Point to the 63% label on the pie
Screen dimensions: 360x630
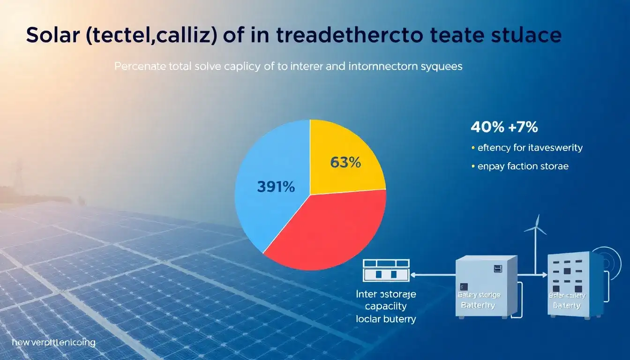345,163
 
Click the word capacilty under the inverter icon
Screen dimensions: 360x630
385,307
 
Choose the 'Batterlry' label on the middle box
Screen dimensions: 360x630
478,305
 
